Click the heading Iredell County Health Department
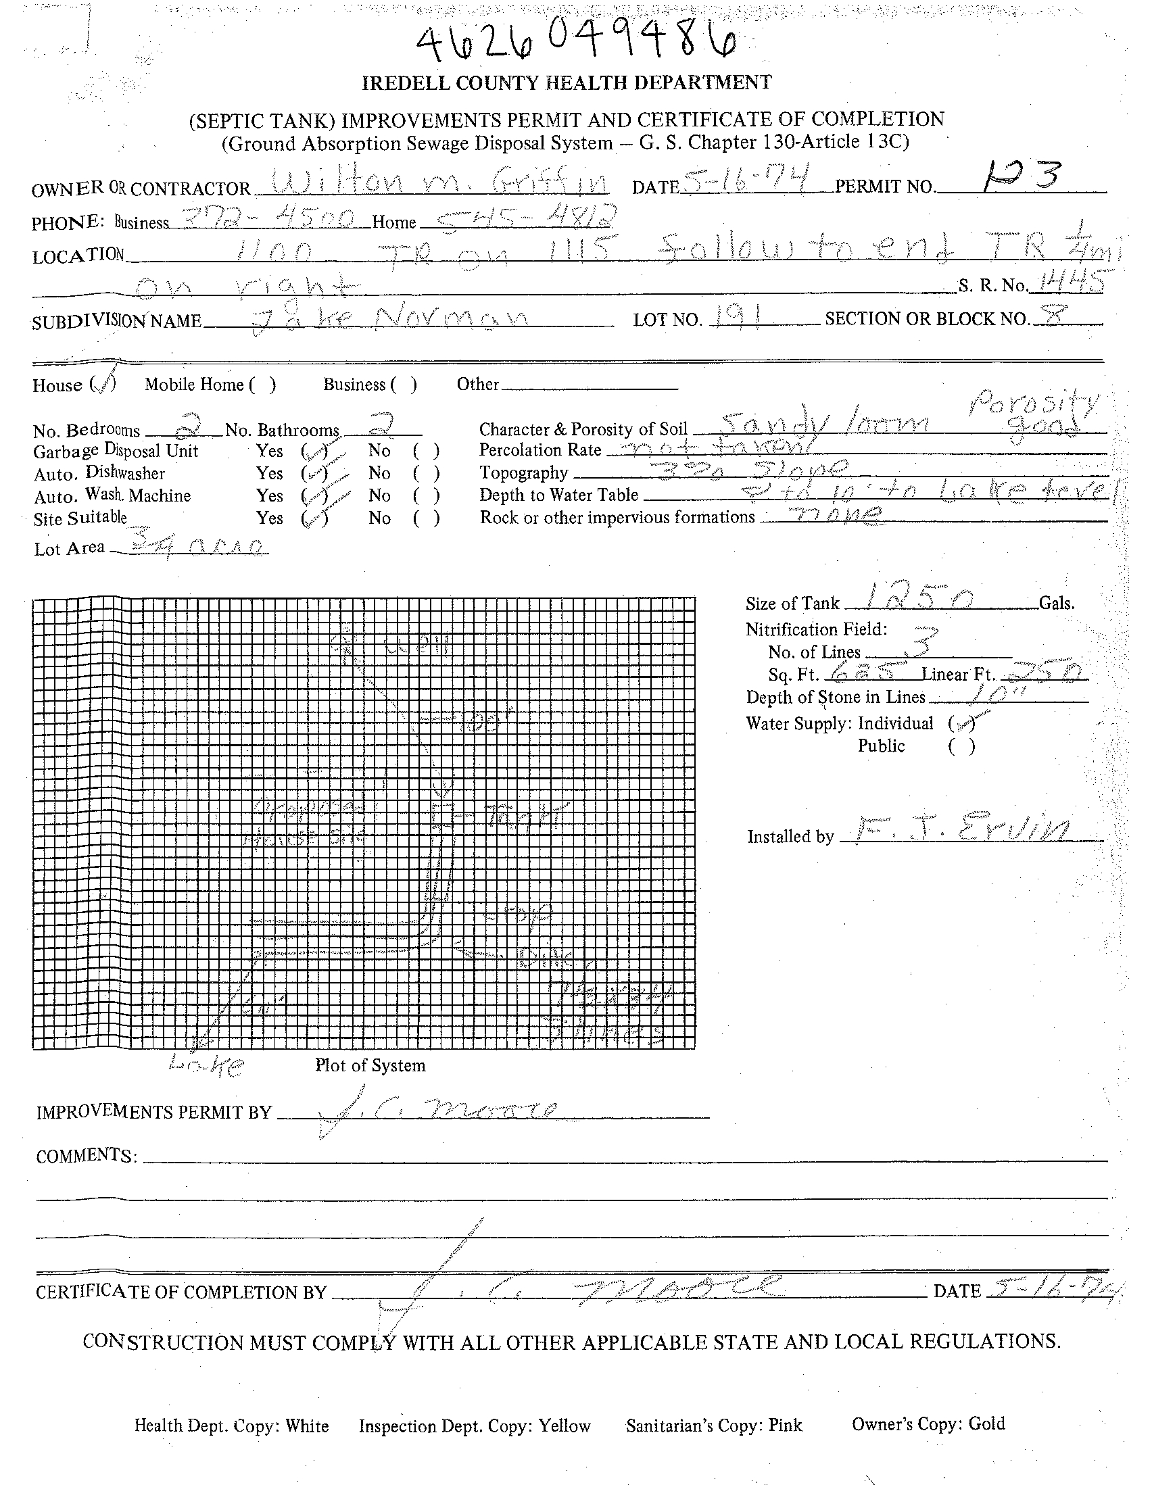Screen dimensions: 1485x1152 (567, 83)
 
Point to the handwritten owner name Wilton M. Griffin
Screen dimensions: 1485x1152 (431, 184)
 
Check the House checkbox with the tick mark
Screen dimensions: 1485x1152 (103, 385)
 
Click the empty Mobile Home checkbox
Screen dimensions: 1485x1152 (262, 385)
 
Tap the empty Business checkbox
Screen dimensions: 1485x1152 (404, 385)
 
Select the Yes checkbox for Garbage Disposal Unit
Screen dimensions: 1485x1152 (314, 451)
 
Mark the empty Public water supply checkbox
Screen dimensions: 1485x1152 (961, 747)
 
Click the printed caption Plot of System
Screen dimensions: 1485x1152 (370, 1065)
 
